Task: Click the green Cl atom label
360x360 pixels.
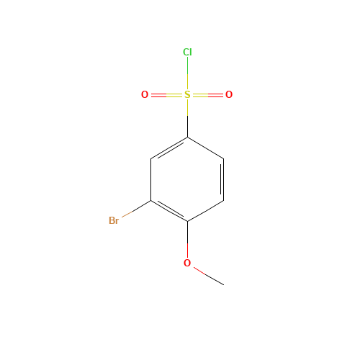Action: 187,52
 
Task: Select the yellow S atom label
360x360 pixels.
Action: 187,94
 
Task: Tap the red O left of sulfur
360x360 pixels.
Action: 145,94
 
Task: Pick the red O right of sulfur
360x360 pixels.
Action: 229,94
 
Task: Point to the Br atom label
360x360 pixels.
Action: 114,220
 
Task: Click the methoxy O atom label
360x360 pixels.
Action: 187,263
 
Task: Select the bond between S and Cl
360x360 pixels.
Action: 187,73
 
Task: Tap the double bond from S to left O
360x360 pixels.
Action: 166,94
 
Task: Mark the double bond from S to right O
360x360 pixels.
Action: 208,94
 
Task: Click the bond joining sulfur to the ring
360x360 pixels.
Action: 187,116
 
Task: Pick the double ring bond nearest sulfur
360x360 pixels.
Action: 169,148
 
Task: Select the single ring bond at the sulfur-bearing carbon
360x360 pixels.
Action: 205,147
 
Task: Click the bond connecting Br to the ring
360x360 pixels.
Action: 135,211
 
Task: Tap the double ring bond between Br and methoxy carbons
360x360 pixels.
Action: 169,210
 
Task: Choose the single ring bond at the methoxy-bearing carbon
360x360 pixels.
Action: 205,210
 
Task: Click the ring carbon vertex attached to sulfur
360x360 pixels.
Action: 187,137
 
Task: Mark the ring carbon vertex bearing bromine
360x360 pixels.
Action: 151,200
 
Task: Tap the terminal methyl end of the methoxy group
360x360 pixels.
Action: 222,284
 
